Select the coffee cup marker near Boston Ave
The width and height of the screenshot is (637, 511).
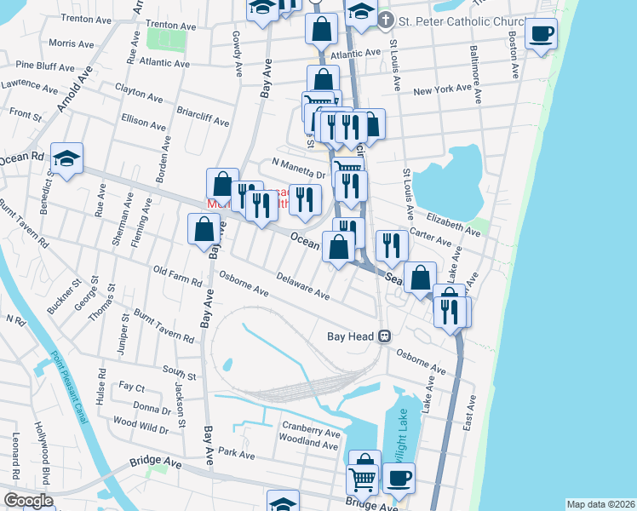click(x=541, y=34)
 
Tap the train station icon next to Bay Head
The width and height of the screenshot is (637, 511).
click(x=385, y=336)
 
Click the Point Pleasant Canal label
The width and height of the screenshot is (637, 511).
click(x=68, y=388)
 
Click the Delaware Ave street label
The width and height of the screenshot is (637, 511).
click(x=303, y=286)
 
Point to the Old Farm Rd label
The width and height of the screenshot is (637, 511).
click(x=177, y=278)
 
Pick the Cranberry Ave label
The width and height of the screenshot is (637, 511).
click(x=312, y=433)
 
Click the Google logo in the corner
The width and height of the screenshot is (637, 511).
click(x=27, y=501)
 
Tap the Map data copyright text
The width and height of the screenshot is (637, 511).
click(x=600, y=504)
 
